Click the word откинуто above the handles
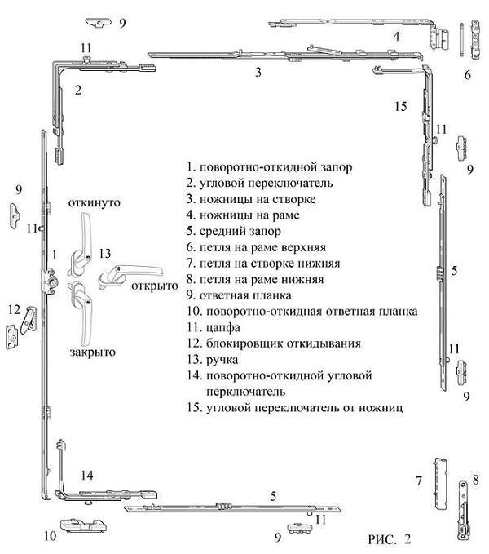(95, 203)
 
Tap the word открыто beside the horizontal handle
(155, 286)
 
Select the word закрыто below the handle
(93, 352)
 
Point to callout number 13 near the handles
(105, 253)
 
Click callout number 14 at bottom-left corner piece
(86, 475)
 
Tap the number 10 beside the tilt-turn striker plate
(50, 536)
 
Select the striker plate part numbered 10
(84, 525)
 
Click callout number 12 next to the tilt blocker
(14, 309)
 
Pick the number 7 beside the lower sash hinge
(419, 481)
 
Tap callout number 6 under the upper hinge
(468, 75)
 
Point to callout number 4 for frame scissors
(397, 37)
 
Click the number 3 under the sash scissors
(258, 72)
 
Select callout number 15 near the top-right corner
(401, 106)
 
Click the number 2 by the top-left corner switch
(78, 90)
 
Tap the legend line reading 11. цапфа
(214, 327)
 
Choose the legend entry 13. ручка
(213, 360)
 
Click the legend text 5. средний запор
(234, 231)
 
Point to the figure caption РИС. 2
(390, 539)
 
